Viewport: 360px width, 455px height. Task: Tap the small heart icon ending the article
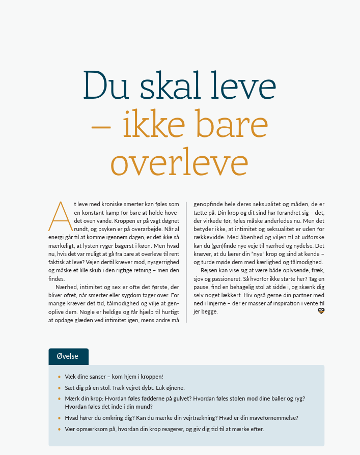[321, 311]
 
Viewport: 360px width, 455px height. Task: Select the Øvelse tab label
[68, 356]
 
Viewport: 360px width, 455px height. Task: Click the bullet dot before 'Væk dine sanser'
[59, 377]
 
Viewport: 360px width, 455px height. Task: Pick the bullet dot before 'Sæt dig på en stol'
[59, 388]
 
